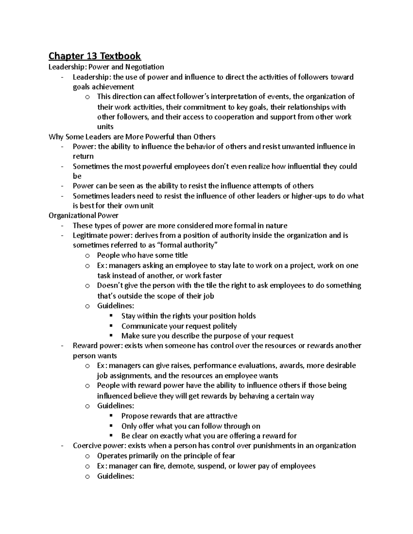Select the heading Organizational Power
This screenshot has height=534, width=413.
click(x=84, y=216)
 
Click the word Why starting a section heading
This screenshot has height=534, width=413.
click(x=56, y=137)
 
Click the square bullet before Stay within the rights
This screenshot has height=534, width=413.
click(x=111, y=316)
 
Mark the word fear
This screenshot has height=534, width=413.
click(x=228, y=456)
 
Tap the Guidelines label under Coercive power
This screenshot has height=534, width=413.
click(x=115, y=476)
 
